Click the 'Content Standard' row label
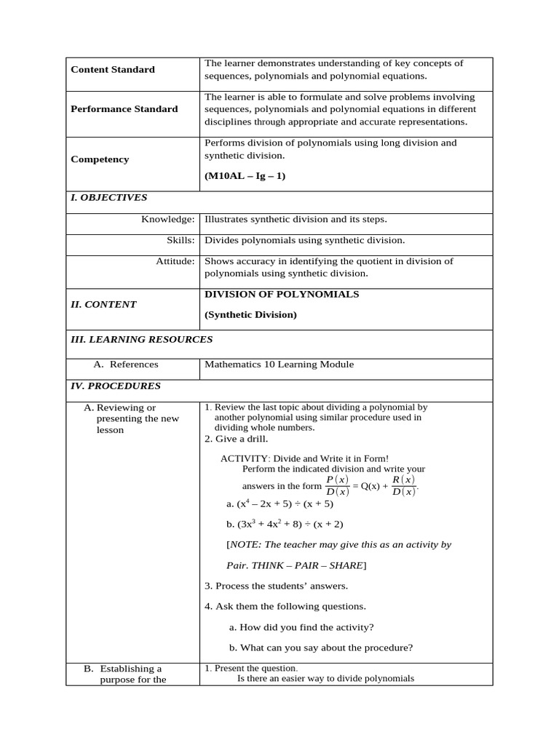coord(113,70)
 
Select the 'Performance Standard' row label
coord(124,109)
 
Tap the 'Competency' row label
coord(100,159)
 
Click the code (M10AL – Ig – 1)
coord(245,176)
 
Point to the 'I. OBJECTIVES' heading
coord(108,197)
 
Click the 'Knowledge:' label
coord(167,219)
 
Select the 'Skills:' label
coord(181,240)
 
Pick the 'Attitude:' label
coord(175,261)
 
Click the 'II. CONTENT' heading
coord(103,305)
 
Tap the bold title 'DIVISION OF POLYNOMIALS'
coord(282,295)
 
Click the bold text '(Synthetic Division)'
coord(250,315)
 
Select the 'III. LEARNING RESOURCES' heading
coord(141,339)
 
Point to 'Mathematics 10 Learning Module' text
coord(279,364)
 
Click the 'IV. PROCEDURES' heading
coord(115,386)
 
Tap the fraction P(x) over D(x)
coord(338,486)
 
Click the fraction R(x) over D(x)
coord(403,485)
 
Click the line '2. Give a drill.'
coord(236,439)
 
